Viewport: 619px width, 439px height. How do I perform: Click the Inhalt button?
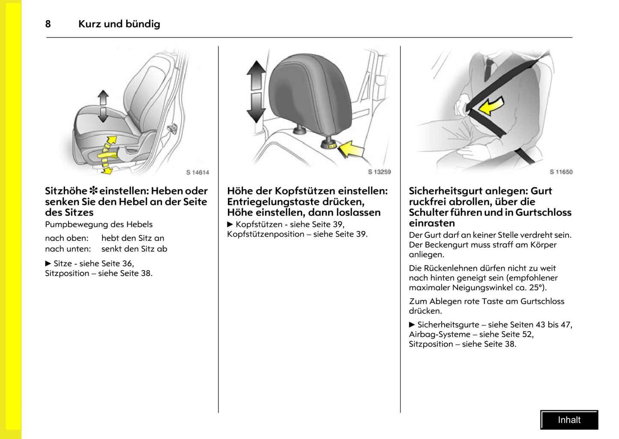coord(569,420)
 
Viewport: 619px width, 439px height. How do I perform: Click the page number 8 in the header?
coord(48,24)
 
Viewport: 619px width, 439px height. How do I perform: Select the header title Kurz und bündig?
coord(119,24)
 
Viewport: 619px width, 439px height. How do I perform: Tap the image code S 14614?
coord(197,172)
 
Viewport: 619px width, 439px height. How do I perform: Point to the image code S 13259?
coord(379,172)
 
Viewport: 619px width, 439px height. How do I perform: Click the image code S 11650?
coord(561,172)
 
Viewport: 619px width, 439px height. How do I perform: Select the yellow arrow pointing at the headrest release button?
coord(351,149)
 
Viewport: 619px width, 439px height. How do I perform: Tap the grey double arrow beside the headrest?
coord(256,92)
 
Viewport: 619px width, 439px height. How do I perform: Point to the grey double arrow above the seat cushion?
coord(103,106)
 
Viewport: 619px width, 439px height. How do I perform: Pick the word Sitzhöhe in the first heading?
coord(66,191)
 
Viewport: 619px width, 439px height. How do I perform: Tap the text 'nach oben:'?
coord(67,238)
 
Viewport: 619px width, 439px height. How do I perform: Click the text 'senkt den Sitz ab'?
coord(134,249)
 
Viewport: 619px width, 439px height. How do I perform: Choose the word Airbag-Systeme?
coord(440,334)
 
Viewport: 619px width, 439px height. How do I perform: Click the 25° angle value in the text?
coord(536,288)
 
